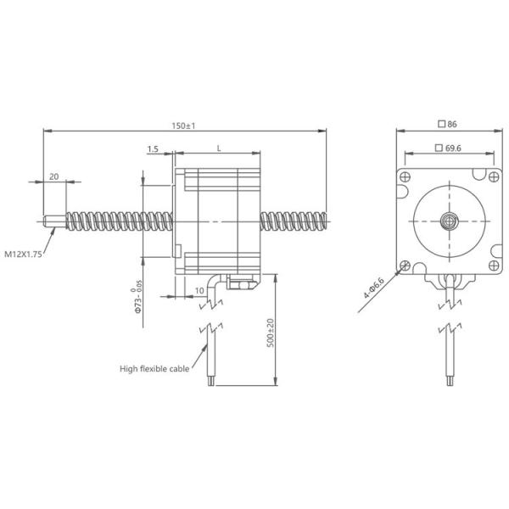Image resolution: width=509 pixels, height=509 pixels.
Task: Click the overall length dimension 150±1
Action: [184, 126]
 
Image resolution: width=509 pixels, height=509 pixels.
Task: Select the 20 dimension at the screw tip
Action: [54, 176]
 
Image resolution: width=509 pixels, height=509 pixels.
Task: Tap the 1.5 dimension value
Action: [153, 148]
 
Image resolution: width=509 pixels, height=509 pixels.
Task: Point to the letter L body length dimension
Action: [218, 148]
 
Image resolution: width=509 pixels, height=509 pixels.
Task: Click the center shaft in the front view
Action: [447, 223]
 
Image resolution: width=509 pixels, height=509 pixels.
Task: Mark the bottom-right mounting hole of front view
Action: [491, 266]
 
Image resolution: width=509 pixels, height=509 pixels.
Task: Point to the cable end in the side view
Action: [209, 383]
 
